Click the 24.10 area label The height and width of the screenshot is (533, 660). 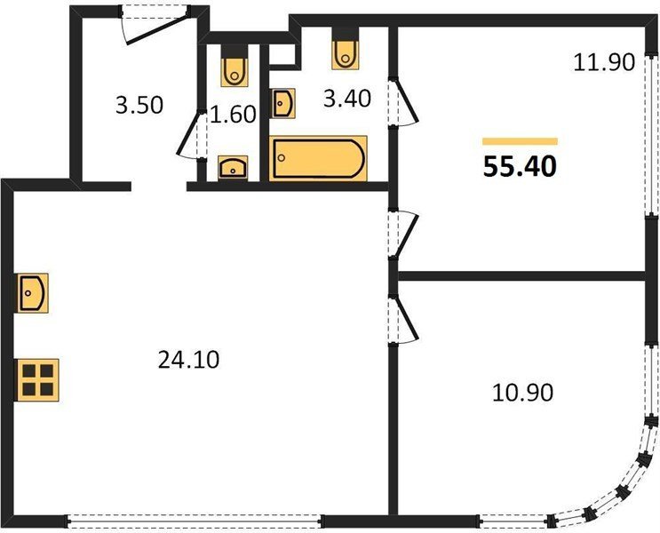coord(188,360)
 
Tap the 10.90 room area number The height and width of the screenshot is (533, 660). coord(522,393)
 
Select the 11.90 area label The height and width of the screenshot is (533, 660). coord(604,63)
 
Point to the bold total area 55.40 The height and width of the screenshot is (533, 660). coord(520,167)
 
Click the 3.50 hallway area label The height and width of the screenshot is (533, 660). coord(139,105)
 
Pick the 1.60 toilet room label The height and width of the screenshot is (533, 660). coord(233,114)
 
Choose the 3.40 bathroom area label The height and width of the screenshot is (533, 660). coord(347,99)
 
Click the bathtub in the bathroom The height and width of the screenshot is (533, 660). coord(318,158)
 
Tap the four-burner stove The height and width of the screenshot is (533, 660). coord(37,380)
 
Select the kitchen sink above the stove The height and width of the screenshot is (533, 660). coord(32,293)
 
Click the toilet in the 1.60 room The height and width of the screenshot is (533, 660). coord(235,67)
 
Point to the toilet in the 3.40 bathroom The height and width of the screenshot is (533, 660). coord(346,49)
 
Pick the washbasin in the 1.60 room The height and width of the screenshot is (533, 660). coord(233,168)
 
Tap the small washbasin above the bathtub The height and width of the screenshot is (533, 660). coord(283,103)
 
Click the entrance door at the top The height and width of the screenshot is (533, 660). coord(155,24)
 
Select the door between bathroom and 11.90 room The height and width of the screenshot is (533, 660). coord(403,101)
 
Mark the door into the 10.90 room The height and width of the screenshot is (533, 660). coord(403,320)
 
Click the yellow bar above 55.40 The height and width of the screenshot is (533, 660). coord(520,141)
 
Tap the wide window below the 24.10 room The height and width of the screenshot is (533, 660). coord(194,521)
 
